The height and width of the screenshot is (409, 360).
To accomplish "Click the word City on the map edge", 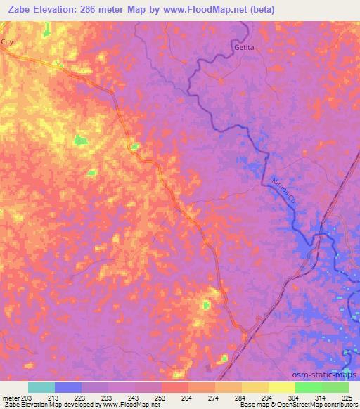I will point(8,42).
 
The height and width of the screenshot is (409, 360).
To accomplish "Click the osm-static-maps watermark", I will point(330,375).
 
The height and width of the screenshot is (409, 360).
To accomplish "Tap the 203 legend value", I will point(27,398).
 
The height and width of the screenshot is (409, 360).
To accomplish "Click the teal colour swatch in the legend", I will point(41,387).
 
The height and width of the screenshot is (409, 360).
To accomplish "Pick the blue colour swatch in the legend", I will point(68,387).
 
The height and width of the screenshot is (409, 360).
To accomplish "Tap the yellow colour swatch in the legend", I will point(281,387).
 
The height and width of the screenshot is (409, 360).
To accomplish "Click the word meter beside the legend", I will point(10,398).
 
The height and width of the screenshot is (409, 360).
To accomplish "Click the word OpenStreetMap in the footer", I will point(295,405).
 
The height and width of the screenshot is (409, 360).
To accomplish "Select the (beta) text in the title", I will point(259,10).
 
